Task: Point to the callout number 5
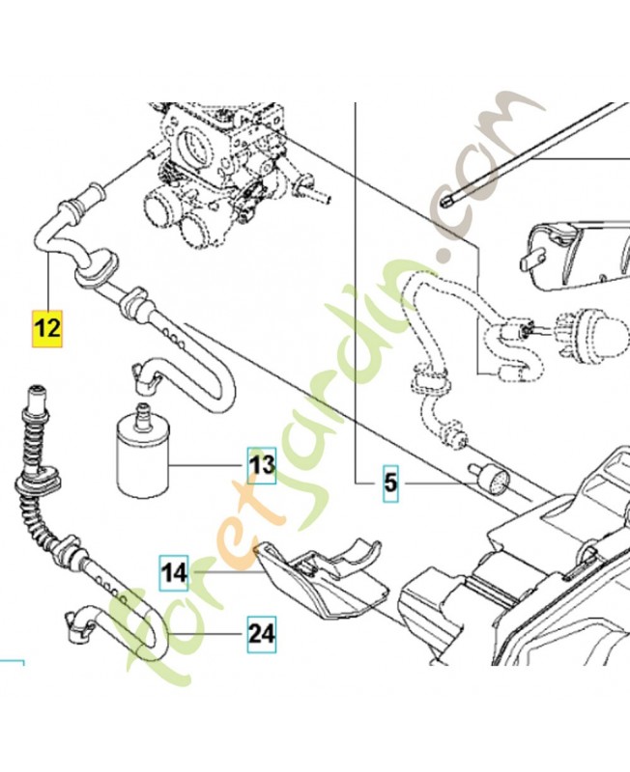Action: pos(389,481)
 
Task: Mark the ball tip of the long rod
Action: pos(446,203)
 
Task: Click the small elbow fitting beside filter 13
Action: pos(145,376)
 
